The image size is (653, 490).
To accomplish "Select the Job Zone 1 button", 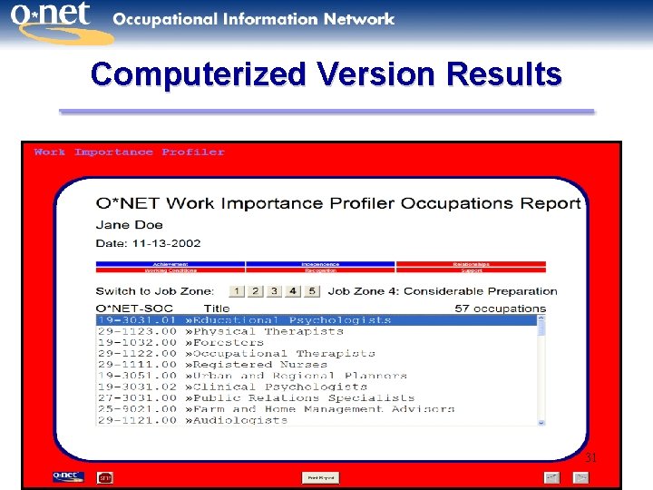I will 237,291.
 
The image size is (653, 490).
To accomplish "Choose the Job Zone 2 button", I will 256,291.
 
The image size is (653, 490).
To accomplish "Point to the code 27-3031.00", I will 137,397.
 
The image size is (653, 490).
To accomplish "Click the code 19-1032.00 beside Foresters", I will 137,342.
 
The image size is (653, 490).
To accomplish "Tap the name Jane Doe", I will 130,225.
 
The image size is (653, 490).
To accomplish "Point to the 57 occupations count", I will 500,309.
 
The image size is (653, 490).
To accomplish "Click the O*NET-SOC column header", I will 133,309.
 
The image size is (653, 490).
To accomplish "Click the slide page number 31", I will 590,458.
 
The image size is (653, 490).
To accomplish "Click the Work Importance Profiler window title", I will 129,152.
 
